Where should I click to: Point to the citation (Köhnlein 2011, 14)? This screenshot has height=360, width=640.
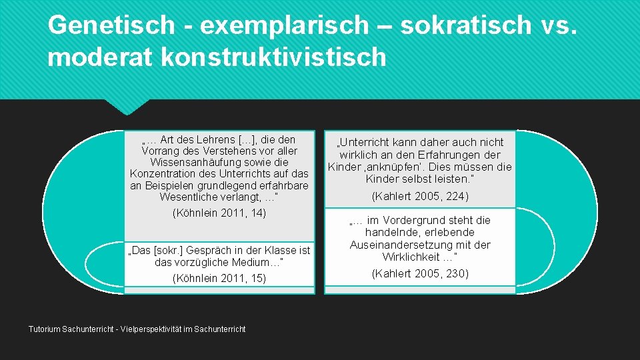[x=219, y=213]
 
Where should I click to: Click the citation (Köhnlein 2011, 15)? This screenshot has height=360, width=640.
[x=219, y=278]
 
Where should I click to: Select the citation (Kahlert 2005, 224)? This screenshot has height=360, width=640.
[x=420, y=196]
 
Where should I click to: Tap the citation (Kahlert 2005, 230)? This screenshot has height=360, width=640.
[x=420, y=273]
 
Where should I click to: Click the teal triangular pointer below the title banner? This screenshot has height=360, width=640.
[x=127, y=107]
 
